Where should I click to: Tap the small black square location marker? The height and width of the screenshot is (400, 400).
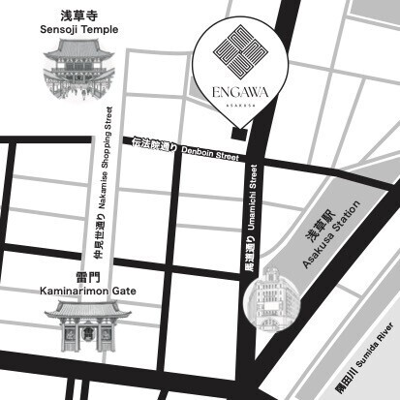pos(239,133)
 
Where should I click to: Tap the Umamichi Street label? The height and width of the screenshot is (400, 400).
pos(255,197)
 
